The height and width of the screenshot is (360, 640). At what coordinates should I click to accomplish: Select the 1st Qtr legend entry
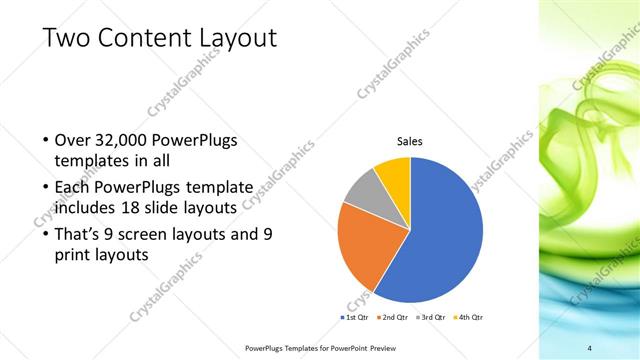coord(355,316)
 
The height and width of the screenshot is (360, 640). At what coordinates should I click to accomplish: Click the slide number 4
coord(590,347)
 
